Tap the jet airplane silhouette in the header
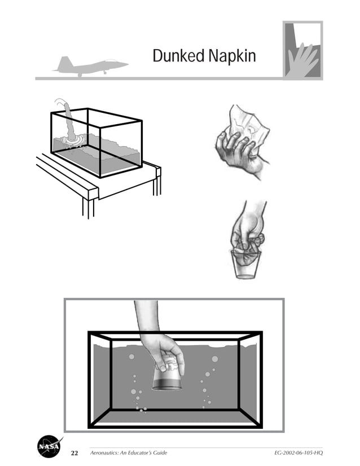click(90, 65)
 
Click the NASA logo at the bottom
click(50, 447)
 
